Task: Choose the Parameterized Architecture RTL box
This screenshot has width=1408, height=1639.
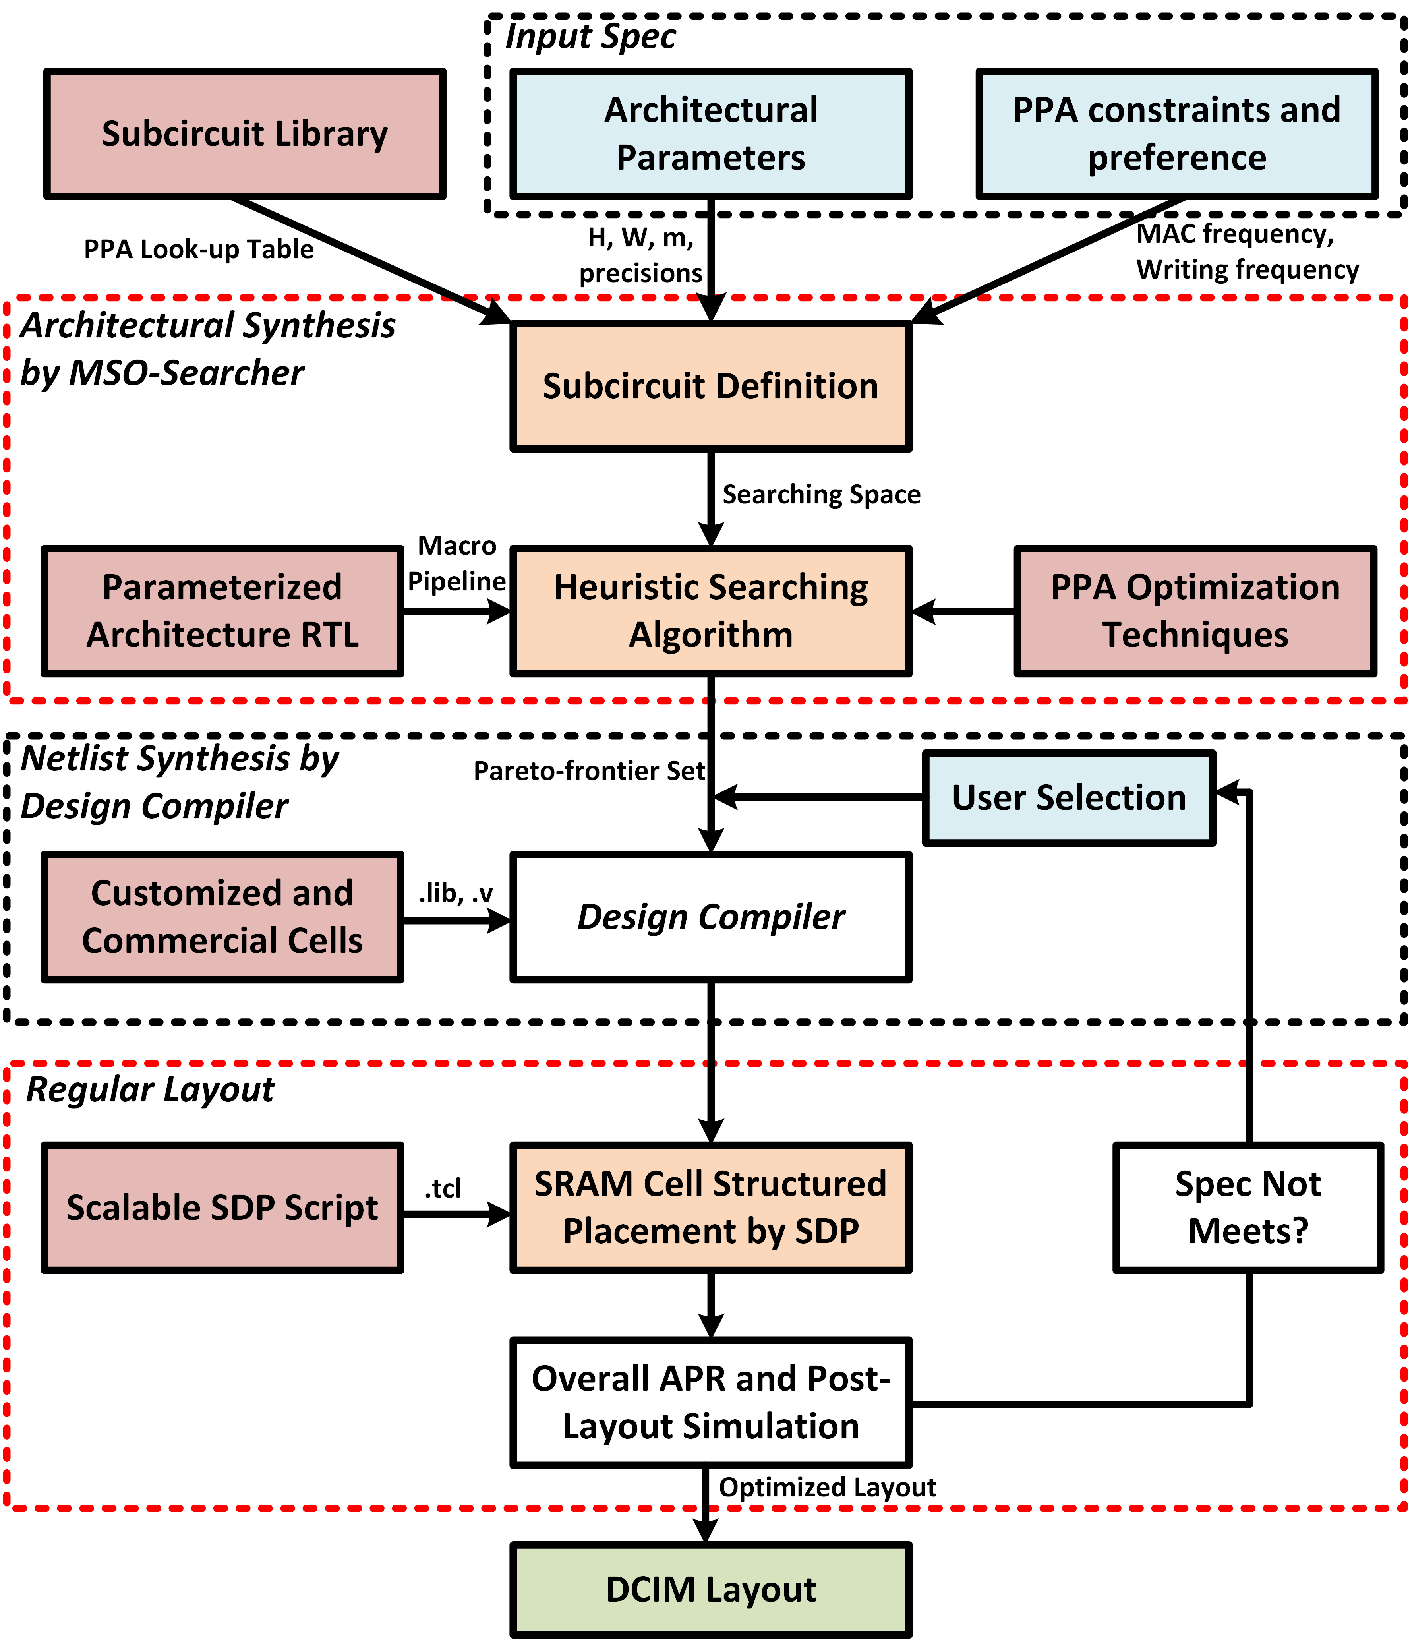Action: [222, 611]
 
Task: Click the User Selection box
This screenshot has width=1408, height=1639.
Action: [1069, 797]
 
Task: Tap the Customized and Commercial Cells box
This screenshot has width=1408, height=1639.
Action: [222, 917]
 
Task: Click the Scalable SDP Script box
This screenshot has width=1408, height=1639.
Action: [222, 1207]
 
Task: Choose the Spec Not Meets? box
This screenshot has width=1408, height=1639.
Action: [1248, 1207]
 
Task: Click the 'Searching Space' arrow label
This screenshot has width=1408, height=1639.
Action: [821, 494]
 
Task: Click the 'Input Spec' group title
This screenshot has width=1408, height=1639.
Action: [590, 37]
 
